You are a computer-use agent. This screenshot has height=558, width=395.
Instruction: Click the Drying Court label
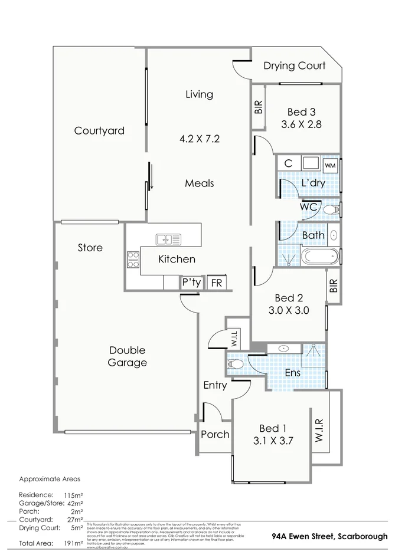pyautogui.click(x=294, y=65)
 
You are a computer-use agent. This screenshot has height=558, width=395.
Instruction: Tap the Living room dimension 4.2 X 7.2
pyautogui.click(x=200, y=139)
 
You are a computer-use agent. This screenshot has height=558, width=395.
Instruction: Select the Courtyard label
pyautogui.click(x=99, y=131)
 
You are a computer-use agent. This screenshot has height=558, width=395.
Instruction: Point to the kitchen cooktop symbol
pyautogui.click(x=133, y=260)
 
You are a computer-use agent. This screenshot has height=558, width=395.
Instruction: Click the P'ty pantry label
pyautogui.click(x=191, y=283)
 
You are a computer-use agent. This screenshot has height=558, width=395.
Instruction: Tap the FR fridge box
pyautogui.click(x=217, y=283)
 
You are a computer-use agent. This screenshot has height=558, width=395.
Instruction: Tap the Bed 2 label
pyautogui.click(x=289, y=297)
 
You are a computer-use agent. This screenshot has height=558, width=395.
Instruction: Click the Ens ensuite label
pyautogui.click(x=292, y=373)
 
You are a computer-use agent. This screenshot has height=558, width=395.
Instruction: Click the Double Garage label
pyautogui.click(x=127, y=356)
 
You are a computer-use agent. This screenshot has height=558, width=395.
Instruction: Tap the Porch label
pyautogui.click(x=215, y=435)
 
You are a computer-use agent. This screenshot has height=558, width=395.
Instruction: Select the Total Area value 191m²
pyautogui.click(x=73, y=543)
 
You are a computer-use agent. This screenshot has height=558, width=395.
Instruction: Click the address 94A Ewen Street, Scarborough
pyautogui.click(x=329, y=537)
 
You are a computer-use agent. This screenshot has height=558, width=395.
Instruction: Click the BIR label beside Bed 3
pyautogui.click(x=258, y=107)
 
